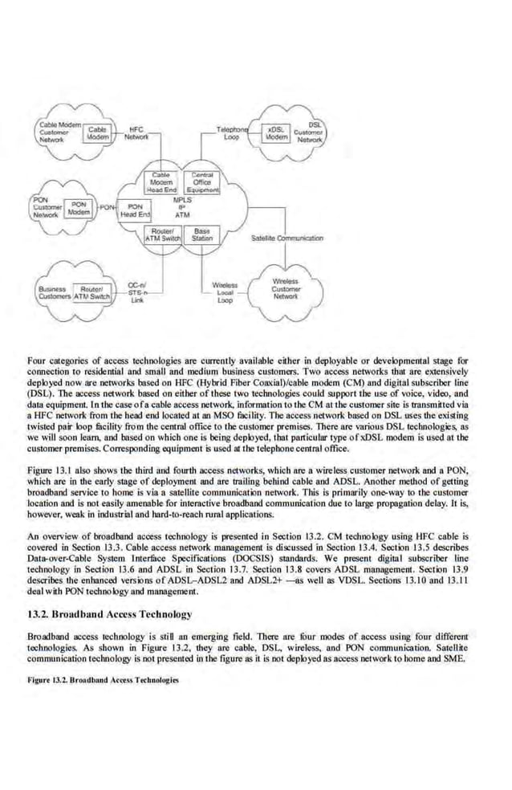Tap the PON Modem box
(78, 209)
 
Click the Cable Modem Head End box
(163, 181)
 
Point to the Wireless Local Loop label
(225, 293)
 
